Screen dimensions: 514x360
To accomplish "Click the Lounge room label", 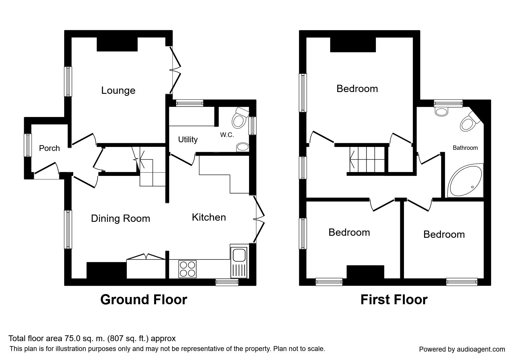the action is (118, 91).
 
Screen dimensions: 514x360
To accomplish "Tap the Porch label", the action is (49, 148).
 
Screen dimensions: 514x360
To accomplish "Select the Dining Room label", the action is (120, 218).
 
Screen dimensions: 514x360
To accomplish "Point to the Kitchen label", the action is (209, 217).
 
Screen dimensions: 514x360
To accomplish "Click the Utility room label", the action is (188, 139).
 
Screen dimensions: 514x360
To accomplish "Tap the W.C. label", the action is (227, 135).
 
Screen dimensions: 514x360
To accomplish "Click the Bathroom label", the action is (465, 148).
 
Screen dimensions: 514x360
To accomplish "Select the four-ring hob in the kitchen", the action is (187, 269).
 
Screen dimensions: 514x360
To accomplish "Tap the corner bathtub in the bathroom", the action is (466, 181).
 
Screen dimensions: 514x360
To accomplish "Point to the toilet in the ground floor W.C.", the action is (240, 117).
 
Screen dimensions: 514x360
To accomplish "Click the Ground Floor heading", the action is (144, 300).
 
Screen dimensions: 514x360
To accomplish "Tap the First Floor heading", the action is (394, 300).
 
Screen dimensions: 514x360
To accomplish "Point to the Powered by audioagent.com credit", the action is (462, 349).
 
